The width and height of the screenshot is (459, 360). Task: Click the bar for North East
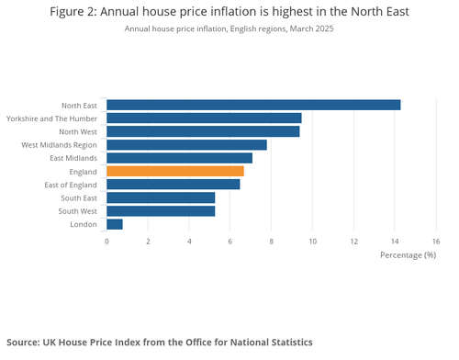253,105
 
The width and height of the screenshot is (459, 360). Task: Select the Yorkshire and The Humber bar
204,118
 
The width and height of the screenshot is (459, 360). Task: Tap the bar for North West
203,131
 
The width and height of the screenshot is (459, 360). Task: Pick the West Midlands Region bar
186,144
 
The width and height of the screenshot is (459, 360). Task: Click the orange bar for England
175,171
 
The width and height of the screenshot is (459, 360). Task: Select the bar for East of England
174,185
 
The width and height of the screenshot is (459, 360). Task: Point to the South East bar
161,197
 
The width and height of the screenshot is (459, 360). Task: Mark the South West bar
161,210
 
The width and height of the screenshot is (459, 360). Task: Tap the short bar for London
115,224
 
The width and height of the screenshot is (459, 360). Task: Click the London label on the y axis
84,224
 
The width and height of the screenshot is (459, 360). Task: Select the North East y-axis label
78,105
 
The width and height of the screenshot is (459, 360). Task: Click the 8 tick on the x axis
272,241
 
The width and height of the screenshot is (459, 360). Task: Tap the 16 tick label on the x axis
436,241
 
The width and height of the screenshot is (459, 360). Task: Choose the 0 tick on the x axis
106,241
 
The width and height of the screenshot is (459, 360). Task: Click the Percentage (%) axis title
408,254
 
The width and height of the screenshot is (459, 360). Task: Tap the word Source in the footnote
25,342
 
